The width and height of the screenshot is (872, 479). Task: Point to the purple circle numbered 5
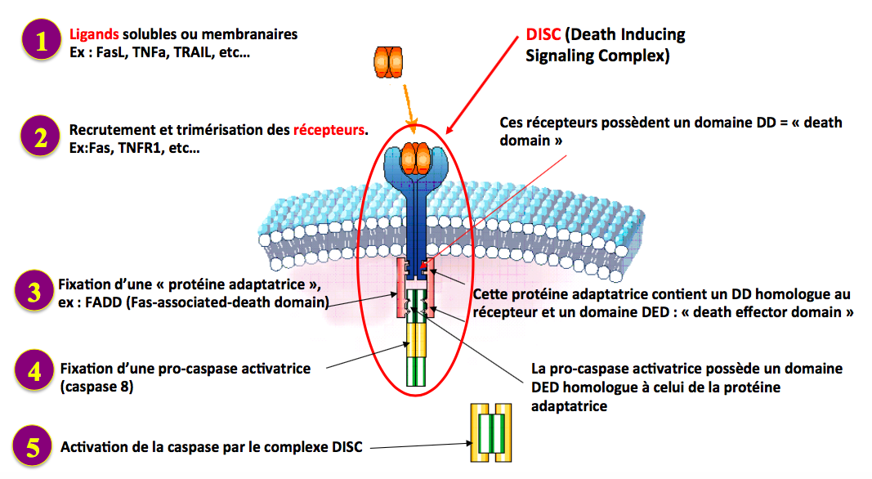coord(33,447)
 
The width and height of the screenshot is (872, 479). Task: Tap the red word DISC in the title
coord(543,36)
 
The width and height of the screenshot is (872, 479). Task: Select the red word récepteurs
coord(329,130)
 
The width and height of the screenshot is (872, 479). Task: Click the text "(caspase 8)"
coord(96,386)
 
